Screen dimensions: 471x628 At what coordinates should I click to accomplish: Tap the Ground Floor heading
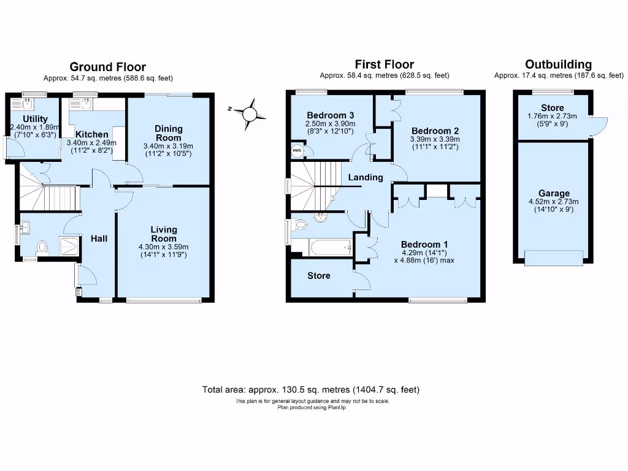pyautogui.click(x=108, y=67)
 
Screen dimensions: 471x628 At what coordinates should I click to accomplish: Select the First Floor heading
pyautogui.click(x=385, y=64)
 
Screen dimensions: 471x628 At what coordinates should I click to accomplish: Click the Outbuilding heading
pyautogui.click(x=559, y=64)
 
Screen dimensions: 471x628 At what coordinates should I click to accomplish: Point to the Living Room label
pyautogui.click(x=164, y=234)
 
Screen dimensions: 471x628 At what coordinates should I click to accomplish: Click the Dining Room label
pyautogui.click(x=168, y=133)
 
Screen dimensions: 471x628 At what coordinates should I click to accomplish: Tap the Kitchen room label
pyautogui.click(x=93, y=134)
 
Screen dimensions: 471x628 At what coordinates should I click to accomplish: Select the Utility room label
pyautogui.click(x=35, y=119)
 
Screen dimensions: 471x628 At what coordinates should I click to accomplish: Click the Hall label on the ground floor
pyautogui.click(x=99, y=238)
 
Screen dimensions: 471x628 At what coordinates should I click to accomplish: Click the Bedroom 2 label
pyautogui.click(x=435, y=131)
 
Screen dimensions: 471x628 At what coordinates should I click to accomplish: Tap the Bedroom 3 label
pyautogui.click(x=331, y=115)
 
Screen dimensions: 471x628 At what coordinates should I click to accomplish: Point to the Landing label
pyautogui.click(x=366, y=178)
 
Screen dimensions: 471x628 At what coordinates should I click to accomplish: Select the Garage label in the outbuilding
pyautogui.click(x=554, y=193)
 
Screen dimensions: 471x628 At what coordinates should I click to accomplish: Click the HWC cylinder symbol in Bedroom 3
pyautogui.click(x=297, y=150)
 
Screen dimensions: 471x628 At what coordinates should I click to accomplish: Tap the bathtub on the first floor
pyautogui.click(x=321, y=248)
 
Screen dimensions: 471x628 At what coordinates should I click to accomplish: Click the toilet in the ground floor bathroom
pyautogui.click(x=42, y=247)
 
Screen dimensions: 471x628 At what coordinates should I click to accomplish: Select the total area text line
pyautogui.click(x=311, y=389)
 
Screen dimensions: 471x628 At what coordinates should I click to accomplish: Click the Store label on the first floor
pyautogui.click(x=319, y=276)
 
